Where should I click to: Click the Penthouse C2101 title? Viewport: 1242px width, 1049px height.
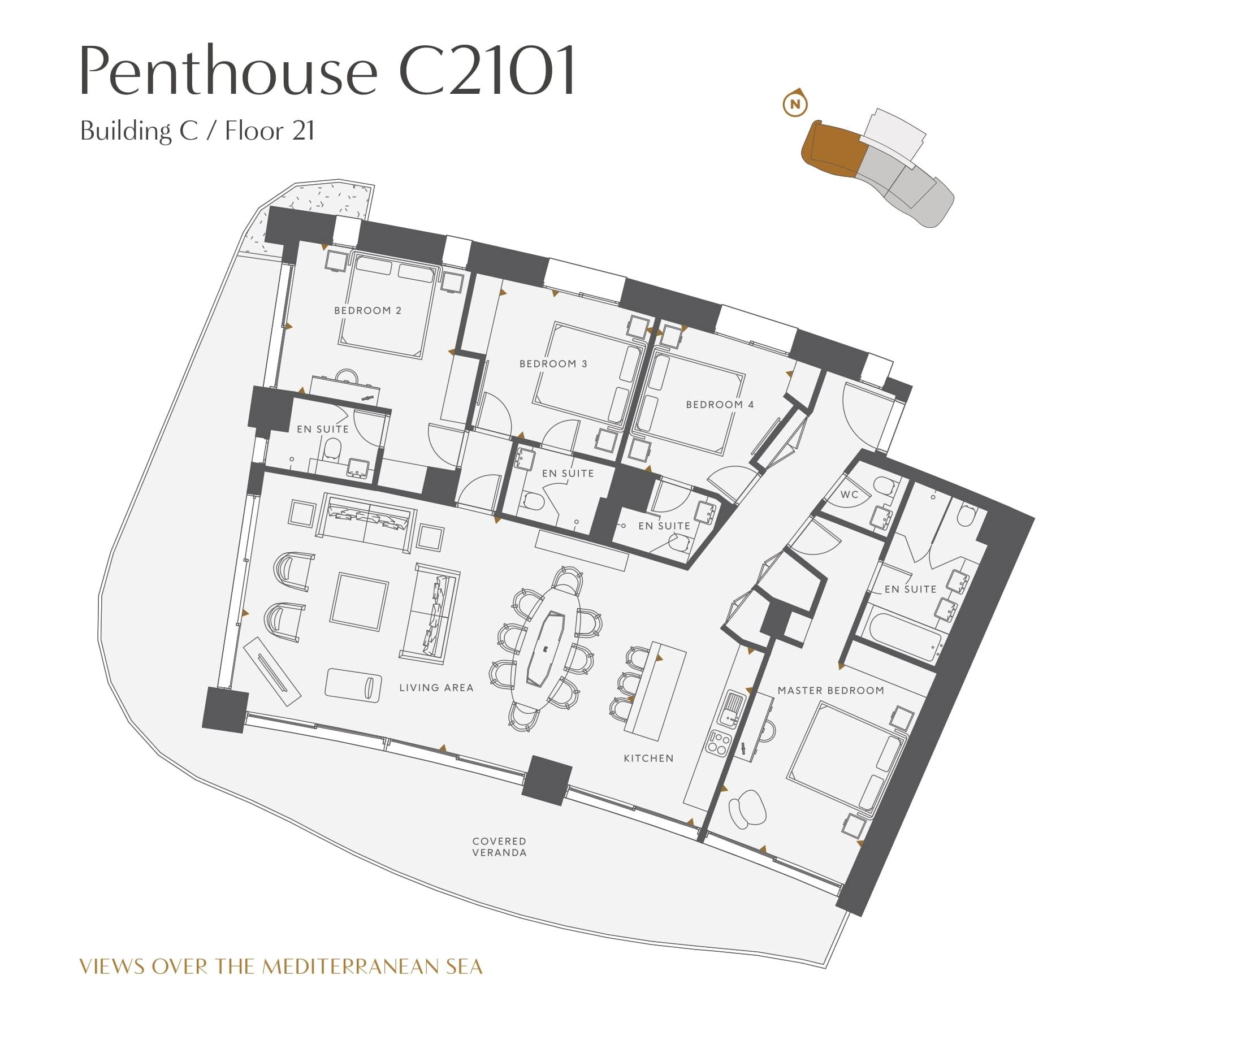tap(328, 70)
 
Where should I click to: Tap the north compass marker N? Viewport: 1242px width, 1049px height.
tap(795, 104)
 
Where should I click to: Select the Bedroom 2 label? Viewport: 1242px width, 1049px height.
tap(367, 310)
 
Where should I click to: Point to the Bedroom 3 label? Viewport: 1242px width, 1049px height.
tap(553, 363)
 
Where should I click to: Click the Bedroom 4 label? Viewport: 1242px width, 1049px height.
tap(720, 404)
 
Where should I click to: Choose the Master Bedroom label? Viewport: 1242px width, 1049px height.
tap(830, 691)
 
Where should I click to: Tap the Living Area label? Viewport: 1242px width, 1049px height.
tap(436, 687)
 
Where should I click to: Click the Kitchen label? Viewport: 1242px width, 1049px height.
tap(648, 758)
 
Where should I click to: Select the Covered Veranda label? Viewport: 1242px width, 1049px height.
tap(499, 847)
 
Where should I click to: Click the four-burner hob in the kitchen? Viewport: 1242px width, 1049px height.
tap(719, 743)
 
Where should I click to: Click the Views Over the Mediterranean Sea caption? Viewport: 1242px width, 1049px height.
tap(281, 966)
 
